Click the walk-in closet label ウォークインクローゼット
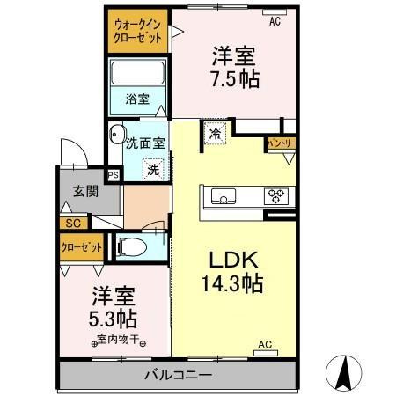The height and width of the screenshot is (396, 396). click(137, 31)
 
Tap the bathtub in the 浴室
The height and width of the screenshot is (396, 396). click(138, 72)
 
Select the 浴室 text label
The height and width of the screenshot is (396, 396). click(137, 99)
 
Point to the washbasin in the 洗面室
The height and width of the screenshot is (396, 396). click(117, 134)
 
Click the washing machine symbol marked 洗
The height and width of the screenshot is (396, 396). click(153, 169)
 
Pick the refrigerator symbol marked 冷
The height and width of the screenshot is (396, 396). click(215, 134)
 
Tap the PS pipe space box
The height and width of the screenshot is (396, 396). click(114, 175)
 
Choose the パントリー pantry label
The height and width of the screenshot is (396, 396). click(281, 143)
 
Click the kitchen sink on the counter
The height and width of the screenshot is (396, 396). click(224, 196)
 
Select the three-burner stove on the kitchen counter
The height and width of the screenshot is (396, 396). click(276, 196)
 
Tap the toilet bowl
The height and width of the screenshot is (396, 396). click(131, 247)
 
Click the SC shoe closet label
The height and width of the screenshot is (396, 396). click(73, 224)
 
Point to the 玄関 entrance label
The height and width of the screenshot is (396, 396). click(85, 191)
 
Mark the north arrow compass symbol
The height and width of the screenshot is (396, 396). click(344, 373)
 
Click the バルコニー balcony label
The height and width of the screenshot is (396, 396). click(178, 375)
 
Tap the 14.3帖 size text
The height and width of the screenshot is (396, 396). click(232, 282)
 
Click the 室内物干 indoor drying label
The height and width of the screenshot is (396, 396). click(118, 340)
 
